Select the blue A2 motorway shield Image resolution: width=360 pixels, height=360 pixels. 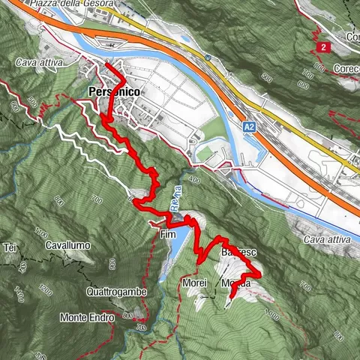249,128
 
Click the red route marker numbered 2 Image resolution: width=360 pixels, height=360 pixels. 322,47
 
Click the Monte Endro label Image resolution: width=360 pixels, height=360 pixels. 87,317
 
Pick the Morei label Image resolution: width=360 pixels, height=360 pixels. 193,283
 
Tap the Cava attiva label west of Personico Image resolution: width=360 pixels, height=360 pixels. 35,64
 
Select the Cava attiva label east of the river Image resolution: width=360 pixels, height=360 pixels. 327,238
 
